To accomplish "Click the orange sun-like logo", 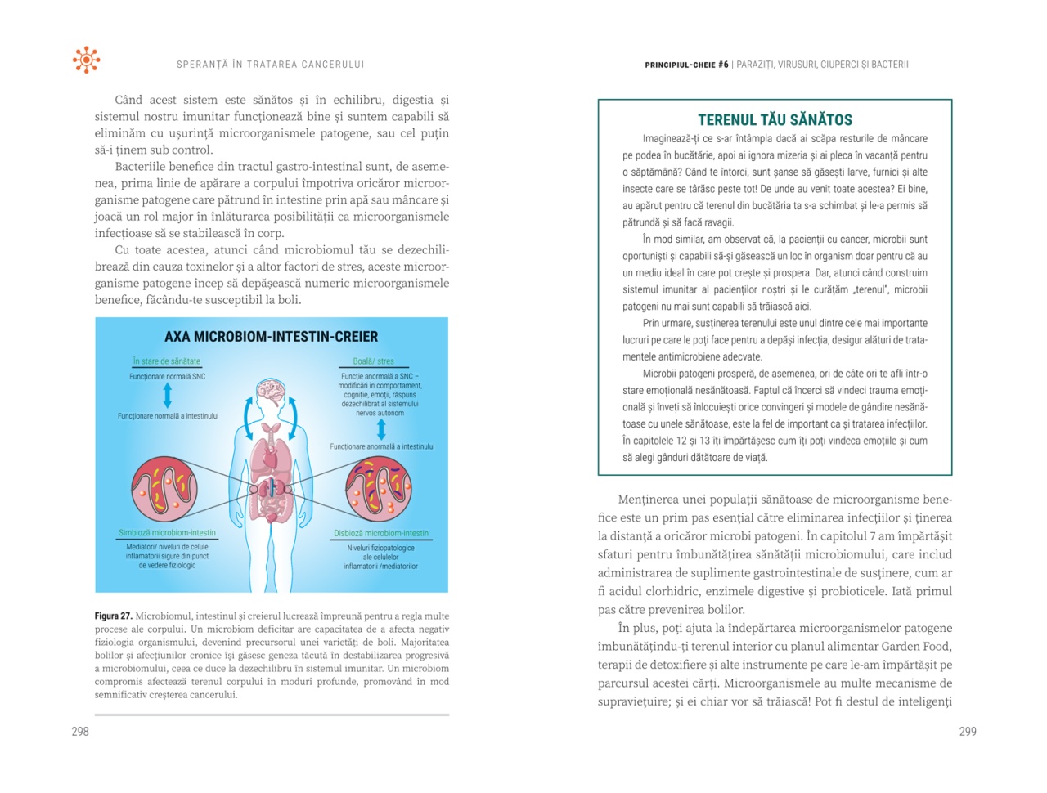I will tap(86, 60).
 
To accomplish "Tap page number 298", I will tap(80, 732).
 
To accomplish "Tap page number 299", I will tap(968, 732).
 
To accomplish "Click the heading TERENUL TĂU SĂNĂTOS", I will tap(775, 119).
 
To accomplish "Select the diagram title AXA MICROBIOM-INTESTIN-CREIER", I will tap(272, 337).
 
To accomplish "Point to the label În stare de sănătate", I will tap(167, 361).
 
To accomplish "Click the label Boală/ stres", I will tap(373, 361).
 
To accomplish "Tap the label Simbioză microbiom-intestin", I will tap(168, 533).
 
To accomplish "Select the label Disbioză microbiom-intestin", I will tap(381, 534).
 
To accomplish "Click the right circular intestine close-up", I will tap(379, 489).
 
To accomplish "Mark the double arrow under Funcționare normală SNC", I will tap(168, 396).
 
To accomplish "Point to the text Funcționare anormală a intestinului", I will tap(382, 447).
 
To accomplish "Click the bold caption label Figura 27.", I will tap(113, 616).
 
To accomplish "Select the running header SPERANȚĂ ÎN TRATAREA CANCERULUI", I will tap(271, 65).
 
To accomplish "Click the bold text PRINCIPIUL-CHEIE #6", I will tap(686, 65).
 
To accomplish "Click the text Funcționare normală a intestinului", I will tap(168, 416).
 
